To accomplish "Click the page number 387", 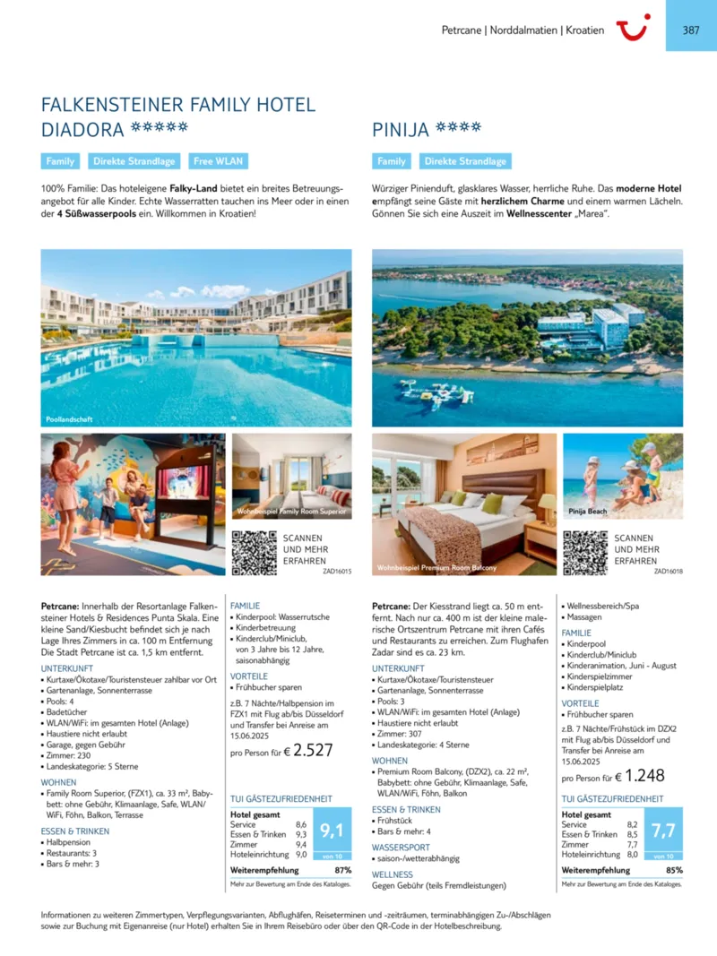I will point(691,30).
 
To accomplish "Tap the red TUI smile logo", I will point(634,28).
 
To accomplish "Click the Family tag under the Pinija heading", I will point(392,162).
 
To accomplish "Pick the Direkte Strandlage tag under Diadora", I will point(134,162).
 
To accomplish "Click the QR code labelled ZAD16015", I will point(253,552).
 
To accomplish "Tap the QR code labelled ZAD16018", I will point(584,552).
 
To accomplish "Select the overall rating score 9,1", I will point(333,831).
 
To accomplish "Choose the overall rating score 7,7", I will point(663,831).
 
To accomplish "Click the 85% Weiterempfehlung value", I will point(674,870).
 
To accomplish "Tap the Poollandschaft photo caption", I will point(69,418).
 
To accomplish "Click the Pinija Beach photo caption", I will point(588,511).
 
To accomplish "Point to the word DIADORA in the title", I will point(82,130).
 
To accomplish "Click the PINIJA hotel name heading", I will point(400,131).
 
